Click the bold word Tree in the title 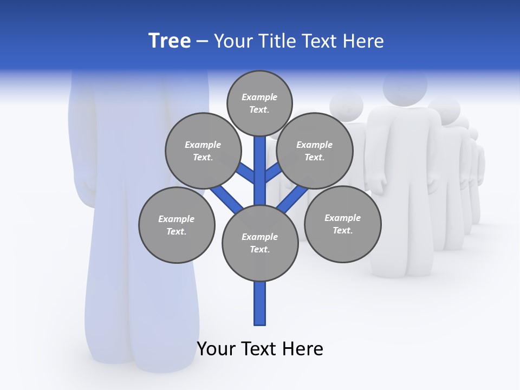tap(170, 41)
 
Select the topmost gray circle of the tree tap(259, 103)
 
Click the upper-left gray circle tap(203, 151)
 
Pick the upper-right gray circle tap(314, 151)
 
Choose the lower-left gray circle tap(177, 225)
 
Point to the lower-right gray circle tap(342, 224)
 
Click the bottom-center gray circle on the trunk tap(260, 243)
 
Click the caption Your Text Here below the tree tap(260, 349)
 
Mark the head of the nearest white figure tap(405, 87)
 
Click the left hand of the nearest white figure tap(378, 181)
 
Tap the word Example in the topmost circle tap(259, 97)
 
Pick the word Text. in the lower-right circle tap(342, 230)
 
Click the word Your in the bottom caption tap(216, 349)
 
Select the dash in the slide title tap(202, 41)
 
